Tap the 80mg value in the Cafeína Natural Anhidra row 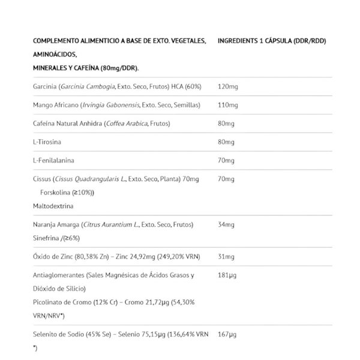[x=226, y=124]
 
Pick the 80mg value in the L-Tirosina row [x=226, y=142]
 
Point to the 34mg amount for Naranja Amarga [x=226, y=224]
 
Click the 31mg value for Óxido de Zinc [x=226, y=257]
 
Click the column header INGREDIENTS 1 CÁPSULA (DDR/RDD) [x=272, y=42]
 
